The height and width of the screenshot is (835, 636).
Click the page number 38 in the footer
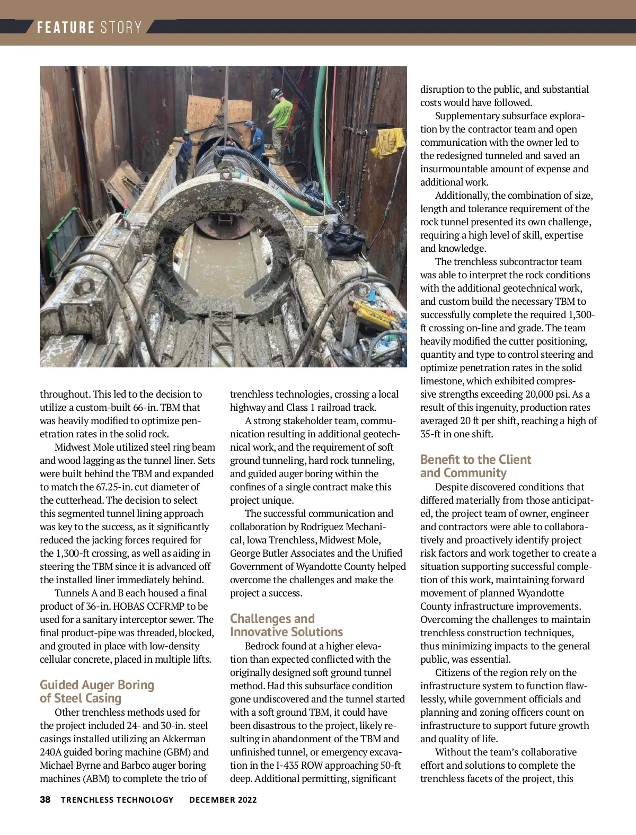(x=45, y=799)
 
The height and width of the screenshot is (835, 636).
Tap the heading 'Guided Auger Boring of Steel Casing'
(x=96, y=691)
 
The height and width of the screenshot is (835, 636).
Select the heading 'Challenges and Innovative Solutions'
(x=286, y=625)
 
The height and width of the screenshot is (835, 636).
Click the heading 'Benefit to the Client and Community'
(x=475, y=466)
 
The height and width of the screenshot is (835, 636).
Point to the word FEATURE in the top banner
(x=66, y=28)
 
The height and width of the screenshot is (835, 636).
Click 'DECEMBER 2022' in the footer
(x=223, y=799)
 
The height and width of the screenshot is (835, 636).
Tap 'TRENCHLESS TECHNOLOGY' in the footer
(x=117, y=799)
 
